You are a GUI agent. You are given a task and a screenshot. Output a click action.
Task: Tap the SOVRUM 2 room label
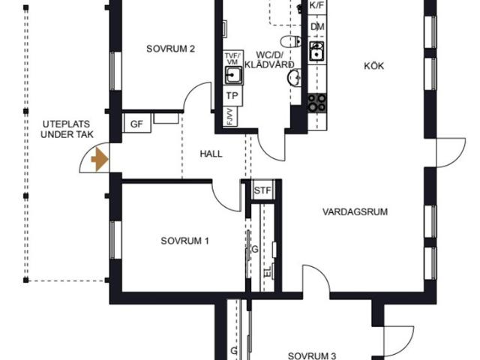tap(170, 49)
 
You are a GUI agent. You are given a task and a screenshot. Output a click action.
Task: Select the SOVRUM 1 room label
tap(185, 241)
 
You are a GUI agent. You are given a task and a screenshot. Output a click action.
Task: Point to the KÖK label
tap(373, 66)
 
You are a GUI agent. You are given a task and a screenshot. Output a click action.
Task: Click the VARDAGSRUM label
tap(355, 211)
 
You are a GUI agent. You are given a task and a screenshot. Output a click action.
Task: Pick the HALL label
tap(211, 154)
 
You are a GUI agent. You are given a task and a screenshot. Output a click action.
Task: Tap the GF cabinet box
tap(136, 123)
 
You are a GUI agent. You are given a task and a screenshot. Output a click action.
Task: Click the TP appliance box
tap(232, 96)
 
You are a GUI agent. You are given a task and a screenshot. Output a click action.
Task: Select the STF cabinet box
tap(263, 190)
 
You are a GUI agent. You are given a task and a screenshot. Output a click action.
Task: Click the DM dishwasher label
tap(317, 27)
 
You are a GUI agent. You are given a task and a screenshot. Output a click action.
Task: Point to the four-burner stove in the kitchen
tap(316, 103)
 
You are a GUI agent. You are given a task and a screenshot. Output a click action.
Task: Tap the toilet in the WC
tap(290, 41)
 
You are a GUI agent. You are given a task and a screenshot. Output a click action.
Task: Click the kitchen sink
tap(316, 51)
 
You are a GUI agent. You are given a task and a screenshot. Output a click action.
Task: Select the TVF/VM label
tap(233, 58)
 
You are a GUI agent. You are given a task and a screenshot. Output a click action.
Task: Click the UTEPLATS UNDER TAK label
tap(67, 129)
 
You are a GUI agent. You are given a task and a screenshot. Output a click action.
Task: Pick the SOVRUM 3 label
tap(312, 356)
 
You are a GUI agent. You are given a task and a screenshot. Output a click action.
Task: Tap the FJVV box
tap(230, 116)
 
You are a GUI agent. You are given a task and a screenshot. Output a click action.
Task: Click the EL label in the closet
tap(267, 271)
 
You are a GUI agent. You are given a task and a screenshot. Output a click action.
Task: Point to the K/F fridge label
tap(316, 5)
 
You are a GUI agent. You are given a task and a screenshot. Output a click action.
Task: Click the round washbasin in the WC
tap(294, 78)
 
